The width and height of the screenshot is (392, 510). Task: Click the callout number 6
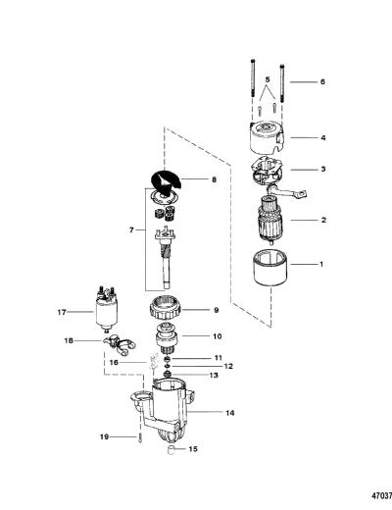(x=322, y=81)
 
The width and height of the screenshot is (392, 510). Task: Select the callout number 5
(x=268, y=79)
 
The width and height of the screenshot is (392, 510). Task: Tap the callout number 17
(x=62, y=312)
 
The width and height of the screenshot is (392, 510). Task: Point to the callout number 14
(x=230, y=413)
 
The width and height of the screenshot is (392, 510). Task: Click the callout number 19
(x=104, y=436)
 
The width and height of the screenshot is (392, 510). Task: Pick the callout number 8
(x=214, y=179)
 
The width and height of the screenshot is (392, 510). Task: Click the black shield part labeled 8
(x=166, y=183)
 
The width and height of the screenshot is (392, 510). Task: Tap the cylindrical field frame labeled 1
(x=270, y=268)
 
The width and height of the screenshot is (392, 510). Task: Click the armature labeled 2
(x=269, y=221)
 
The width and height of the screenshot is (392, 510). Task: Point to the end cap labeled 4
(x=268, y=138)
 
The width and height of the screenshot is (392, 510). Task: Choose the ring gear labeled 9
(x=166, y=308)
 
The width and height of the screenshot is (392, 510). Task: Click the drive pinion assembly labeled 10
(x=168, y=338)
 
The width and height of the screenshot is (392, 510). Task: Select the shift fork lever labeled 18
(x=120, y=345)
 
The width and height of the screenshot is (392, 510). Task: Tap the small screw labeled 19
(x=140, y=437)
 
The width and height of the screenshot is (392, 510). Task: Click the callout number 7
(x=131, y=230)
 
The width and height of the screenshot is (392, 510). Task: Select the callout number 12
(x=228, y=366)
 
